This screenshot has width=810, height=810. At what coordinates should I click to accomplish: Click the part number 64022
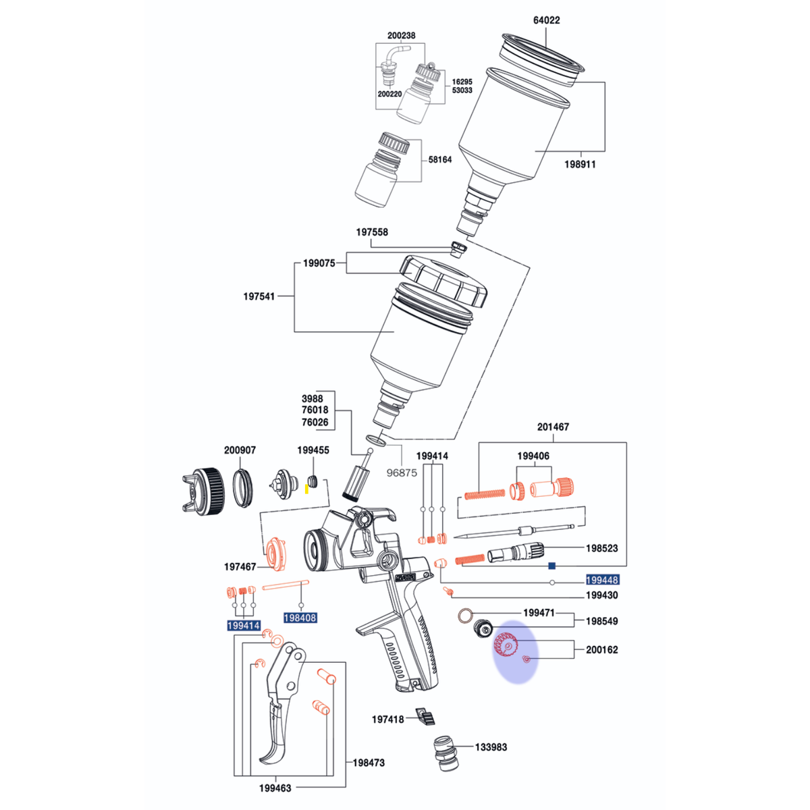546,20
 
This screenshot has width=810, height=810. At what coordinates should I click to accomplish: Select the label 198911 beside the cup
580,164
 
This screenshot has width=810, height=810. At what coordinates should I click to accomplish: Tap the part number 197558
371,232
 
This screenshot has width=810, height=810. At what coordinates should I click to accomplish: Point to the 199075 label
319,263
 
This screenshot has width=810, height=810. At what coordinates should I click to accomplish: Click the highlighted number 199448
602,580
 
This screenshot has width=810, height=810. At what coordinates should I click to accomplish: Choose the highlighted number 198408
300,618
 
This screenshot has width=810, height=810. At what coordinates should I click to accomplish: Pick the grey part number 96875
402,473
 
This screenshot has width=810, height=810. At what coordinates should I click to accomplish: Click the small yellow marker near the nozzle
306,489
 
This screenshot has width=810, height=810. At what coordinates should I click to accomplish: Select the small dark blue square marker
552,566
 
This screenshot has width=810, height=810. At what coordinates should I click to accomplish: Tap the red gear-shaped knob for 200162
506,646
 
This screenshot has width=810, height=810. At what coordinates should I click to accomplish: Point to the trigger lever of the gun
281,706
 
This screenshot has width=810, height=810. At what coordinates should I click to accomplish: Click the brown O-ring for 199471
465,616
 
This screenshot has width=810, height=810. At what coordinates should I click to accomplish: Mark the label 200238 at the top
402,36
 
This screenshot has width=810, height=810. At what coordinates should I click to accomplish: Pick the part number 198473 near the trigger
369,763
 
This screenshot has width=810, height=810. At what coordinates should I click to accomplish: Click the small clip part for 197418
425,716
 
